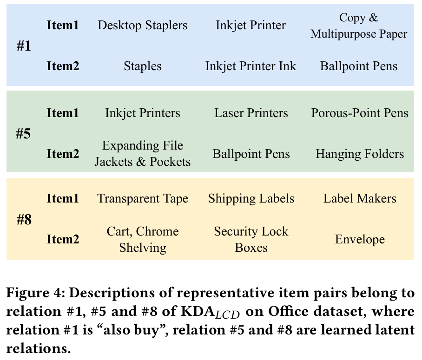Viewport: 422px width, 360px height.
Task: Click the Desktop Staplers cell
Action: point(143,25)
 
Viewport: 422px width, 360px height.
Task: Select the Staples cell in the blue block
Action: point(143,66)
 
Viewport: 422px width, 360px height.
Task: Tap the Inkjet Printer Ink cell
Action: point(251,66)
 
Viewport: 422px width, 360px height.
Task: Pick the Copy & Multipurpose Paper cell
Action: point(359,26)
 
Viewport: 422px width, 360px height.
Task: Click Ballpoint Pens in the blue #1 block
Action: point(359,66)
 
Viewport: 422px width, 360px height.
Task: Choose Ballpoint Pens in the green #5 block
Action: point(251,153)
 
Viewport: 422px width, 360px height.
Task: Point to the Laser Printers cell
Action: point(251,113)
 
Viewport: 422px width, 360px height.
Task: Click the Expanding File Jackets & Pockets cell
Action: point(143,153)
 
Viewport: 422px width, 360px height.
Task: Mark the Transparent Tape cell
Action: point(143,199)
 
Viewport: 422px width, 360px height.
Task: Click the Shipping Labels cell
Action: point(251,199)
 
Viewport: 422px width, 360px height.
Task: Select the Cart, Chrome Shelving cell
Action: point(143,239)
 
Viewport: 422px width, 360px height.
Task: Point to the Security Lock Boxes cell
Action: point(251,239)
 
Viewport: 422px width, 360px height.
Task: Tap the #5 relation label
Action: point(24,134)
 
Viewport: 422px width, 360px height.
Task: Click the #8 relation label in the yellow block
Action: point(24,219)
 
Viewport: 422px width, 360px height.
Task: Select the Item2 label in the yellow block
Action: point(63,240)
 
